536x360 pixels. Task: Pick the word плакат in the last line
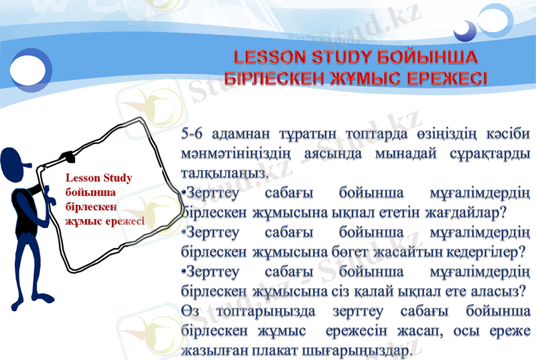(273, 351)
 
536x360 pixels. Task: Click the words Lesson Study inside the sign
(98, 178)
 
